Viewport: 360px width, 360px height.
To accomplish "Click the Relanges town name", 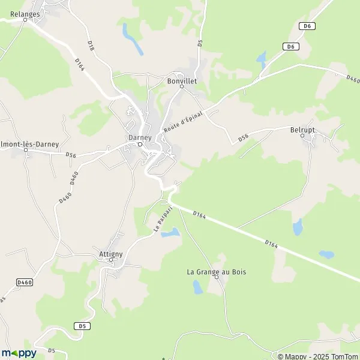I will [25, 13].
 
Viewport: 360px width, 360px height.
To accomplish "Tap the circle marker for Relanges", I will [25, 20].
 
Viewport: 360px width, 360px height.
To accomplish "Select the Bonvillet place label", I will [182, 80].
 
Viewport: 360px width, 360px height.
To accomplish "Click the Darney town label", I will [139, 137].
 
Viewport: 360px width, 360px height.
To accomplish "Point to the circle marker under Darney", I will [140, 144].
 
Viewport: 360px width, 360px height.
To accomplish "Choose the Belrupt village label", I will [302, 129].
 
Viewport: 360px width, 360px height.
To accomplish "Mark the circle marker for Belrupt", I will [302, 136].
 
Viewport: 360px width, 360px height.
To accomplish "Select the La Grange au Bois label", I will [217, 272].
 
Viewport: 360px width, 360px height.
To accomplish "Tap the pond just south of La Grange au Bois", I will [197, 287].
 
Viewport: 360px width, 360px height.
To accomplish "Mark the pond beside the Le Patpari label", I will [170, 232].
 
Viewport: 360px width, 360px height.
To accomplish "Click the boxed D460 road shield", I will [24, 282].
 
